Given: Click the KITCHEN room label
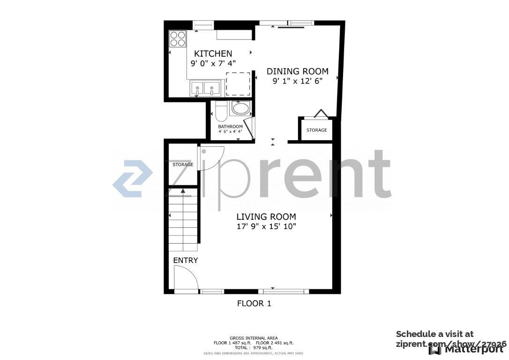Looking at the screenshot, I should [213, 53].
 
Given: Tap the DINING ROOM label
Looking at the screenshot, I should [297, 71].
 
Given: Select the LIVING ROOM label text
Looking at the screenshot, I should [266, 217].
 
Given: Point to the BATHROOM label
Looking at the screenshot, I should [230, 127].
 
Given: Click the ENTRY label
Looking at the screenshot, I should [186, 260].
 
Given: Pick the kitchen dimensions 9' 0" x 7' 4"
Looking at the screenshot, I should [213, 63].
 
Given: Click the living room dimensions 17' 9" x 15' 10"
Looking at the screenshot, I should [266, 226].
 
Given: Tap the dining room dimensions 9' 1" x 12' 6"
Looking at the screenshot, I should [297, 81].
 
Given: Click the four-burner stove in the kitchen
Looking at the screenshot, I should [177, 38].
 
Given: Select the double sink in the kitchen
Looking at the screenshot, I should [205, 88].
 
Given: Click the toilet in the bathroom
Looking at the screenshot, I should [221, 112].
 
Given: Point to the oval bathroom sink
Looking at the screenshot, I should [241, 109].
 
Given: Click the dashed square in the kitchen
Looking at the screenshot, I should [238, 84].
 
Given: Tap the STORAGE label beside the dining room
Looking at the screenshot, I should [316, 130].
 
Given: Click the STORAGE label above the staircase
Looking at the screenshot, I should [183, 165].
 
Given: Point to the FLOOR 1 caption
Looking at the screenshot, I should [254, 303].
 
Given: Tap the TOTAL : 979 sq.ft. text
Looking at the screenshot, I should [254, 348].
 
